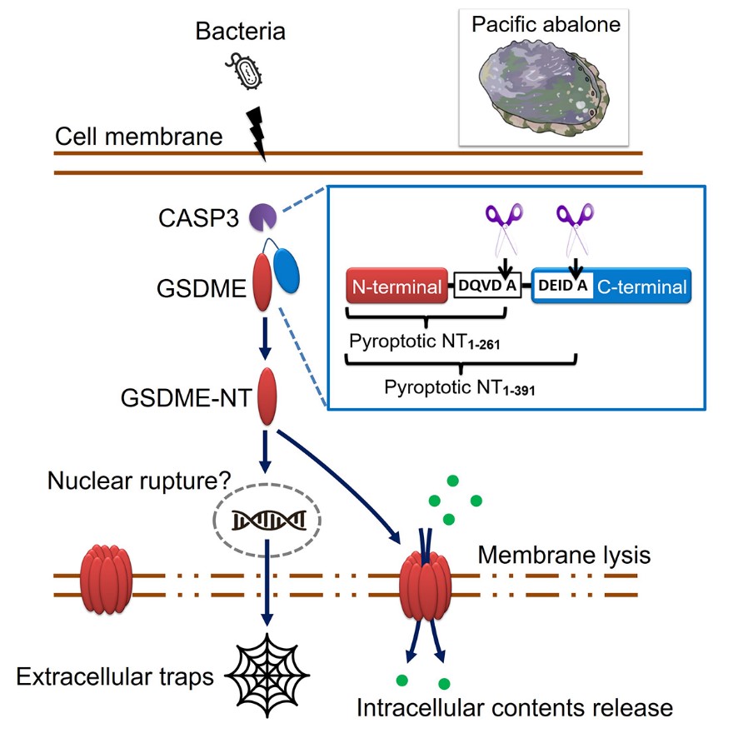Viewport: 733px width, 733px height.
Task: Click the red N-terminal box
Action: (396, 287)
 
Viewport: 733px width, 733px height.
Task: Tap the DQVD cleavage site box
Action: (487, 287)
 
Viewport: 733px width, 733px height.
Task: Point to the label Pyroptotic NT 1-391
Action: (459, 386)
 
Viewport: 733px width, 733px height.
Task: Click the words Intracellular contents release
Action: (514, 708)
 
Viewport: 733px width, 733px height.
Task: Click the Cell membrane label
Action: (139, 136)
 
